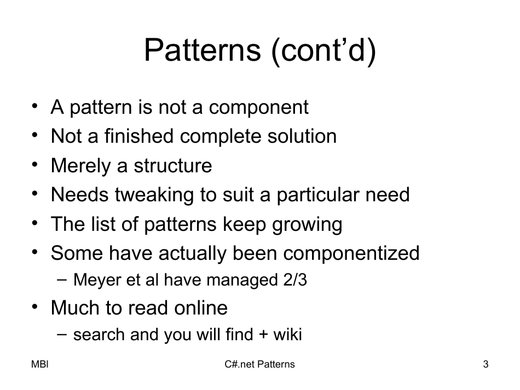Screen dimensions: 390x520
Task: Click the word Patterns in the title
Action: (201, 50)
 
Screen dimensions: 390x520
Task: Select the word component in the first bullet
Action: (258, 107)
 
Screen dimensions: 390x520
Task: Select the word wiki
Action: (288, 335)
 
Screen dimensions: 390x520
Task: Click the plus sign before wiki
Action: (263, 335)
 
